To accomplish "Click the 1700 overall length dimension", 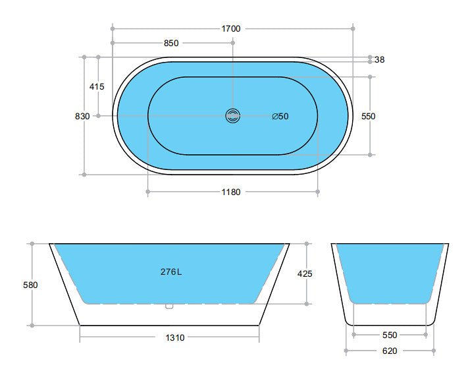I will pos(231,28).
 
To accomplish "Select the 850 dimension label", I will pos(171,43).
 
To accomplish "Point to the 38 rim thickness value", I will pos(379,59).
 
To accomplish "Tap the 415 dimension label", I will pos(97,86).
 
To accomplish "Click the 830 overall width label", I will pos(82,116).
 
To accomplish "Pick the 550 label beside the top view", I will pos(369,116).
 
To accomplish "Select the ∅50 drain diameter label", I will pos(280,117).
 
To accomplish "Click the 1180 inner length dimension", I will pos(231,192).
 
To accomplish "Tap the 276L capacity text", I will pos(170,271).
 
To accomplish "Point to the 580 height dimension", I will pos(31,285).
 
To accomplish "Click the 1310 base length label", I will pos(175,337).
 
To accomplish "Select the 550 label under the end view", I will pos(390,335).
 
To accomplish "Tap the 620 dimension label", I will pos(390,351).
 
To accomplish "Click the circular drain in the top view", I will pos(233,116).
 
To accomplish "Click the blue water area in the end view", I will pos(390,270).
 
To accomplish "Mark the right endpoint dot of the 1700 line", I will pos(353,28).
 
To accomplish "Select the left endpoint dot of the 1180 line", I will pos(147,192).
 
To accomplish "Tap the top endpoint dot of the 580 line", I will pos(31,244).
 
